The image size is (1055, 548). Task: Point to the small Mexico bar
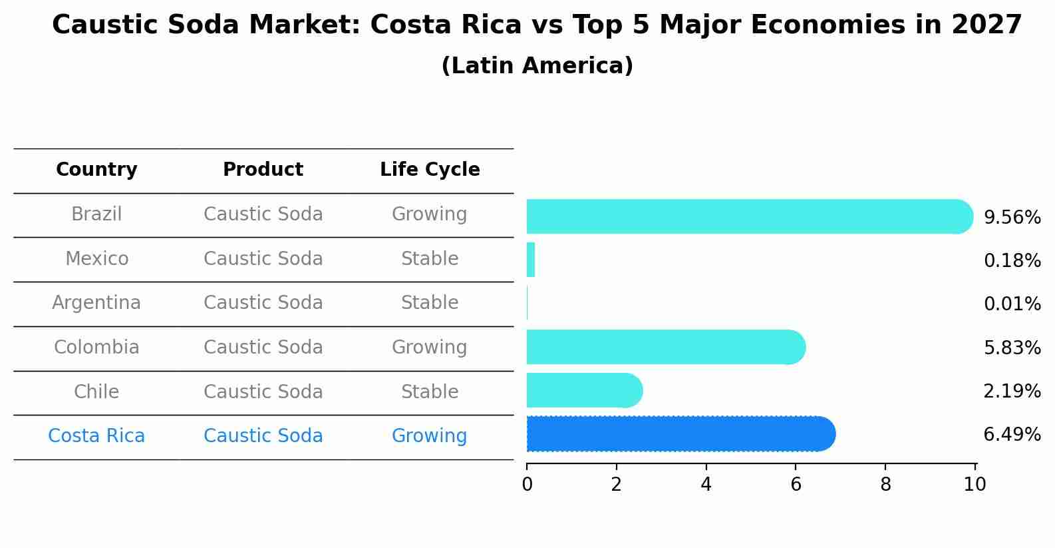[x=531, y=260]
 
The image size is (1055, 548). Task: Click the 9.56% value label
[x=1012, y=218]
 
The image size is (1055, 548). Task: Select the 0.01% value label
[x=1012, y=304]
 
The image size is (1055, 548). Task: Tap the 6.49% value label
[x=1012, y=435]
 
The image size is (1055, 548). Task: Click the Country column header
[x=96, y=170]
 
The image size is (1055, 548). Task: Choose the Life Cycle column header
[x=430, y=170]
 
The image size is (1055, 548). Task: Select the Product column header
[x=263, y=170]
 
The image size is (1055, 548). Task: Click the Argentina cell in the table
[x=96, y=303]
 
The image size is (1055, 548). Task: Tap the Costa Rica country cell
[x=96, y=436]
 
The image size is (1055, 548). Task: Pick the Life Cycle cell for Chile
[x=430, y=392]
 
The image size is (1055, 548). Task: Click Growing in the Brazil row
[x=430, y=214]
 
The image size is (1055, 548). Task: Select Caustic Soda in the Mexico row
[x=263, y=258]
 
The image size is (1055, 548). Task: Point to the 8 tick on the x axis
[x=885, y=485]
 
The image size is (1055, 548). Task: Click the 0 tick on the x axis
[x=527, y=485]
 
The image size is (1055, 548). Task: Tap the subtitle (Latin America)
[x=537, y=66]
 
